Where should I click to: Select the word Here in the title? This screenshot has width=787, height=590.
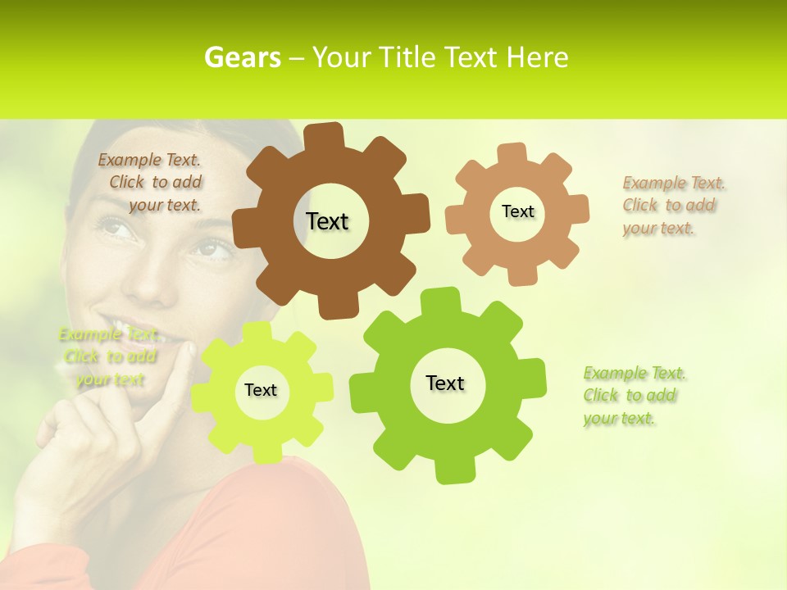click(537, 58)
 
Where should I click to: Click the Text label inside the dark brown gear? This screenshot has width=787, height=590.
click(327, 221)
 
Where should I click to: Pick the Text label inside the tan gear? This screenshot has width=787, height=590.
click(517, 211)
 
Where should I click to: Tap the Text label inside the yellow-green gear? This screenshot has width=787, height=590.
click(261, 390)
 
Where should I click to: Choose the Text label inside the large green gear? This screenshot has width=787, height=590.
click(445, 383)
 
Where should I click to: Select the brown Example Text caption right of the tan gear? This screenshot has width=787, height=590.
click(672, 206)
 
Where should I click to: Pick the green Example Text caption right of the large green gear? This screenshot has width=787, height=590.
click(633, 396)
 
